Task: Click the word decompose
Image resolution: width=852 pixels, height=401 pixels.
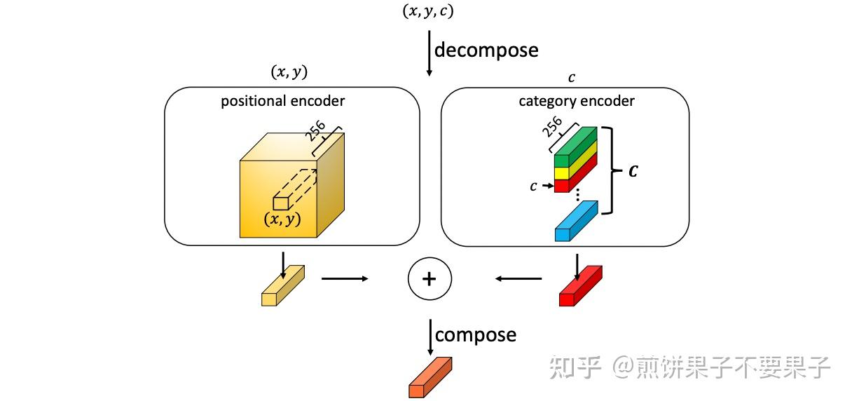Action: tap(486, 50)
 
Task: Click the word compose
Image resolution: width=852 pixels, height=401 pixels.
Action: tap(476, 335)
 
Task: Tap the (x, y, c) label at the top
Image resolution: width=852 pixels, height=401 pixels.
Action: tap(430, 11)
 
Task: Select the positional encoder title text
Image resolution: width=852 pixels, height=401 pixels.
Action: tap(282, 101)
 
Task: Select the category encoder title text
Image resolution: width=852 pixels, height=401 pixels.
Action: tap(576, 101)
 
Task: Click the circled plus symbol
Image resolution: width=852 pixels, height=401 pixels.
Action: tap(430, 279)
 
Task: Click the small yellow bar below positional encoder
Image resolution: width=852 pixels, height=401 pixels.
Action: tap(283, 285)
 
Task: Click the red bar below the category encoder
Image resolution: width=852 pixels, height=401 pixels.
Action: tap(580, 285)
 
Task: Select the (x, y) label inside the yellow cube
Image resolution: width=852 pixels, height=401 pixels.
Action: tap(282, 219)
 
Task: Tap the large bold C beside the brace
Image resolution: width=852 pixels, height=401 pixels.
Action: tap(633, 170)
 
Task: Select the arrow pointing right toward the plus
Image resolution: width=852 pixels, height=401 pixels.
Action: tap(345, 279)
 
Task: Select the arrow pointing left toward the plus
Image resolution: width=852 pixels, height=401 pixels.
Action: tap(518, 279)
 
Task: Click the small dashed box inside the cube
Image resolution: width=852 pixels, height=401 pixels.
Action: tap(280, 203)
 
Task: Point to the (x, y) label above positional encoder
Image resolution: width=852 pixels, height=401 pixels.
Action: tap(289, 72)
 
